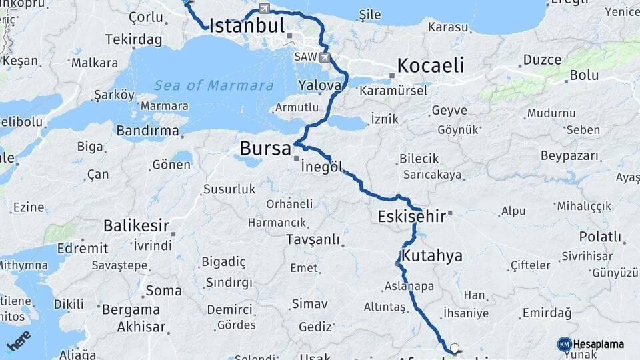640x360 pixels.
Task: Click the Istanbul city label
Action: pos(247,26)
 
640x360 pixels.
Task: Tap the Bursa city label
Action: pos(265,148)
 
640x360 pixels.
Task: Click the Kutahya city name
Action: pos(431,257)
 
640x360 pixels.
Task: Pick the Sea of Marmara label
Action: pos(213,85)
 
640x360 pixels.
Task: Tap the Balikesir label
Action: pos(136,226)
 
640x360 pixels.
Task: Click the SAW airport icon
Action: pos(325,57)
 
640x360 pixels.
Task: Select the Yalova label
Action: pos(320,85)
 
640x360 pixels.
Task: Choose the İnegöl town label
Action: pos(326,167)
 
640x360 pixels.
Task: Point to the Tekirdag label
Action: pos(133,40)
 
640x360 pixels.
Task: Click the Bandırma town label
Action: pos(147,131)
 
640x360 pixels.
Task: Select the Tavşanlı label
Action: pos(313,240)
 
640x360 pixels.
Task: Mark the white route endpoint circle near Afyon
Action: pos(455,347)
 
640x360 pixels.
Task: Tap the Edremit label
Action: pos(83,248)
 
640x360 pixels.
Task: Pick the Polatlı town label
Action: pos(599,237)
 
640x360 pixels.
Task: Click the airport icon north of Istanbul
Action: pos(265,9)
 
